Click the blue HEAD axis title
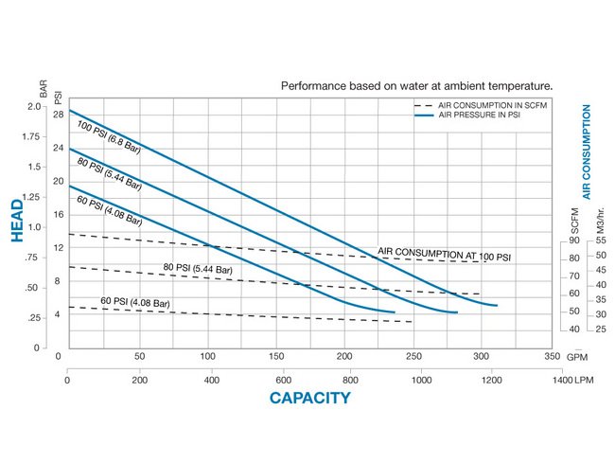coord(17,222)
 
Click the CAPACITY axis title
coord(309,398)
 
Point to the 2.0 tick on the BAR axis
coord(35,106)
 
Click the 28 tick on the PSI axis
coord(58,115)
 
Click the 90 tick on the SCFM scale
coord(573,240)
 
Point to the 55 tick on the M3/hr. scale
coord(599,240)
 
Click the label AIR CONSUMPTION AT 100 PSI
coord(444,256)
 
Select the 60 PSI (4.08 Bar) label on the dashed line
coord(135,303)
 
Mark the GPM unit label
coord(575,357)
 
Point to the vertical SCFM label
coord(573,220)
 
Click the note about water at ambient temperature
coord(416,85)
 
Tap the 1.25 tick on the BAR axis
coord(32,197)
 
